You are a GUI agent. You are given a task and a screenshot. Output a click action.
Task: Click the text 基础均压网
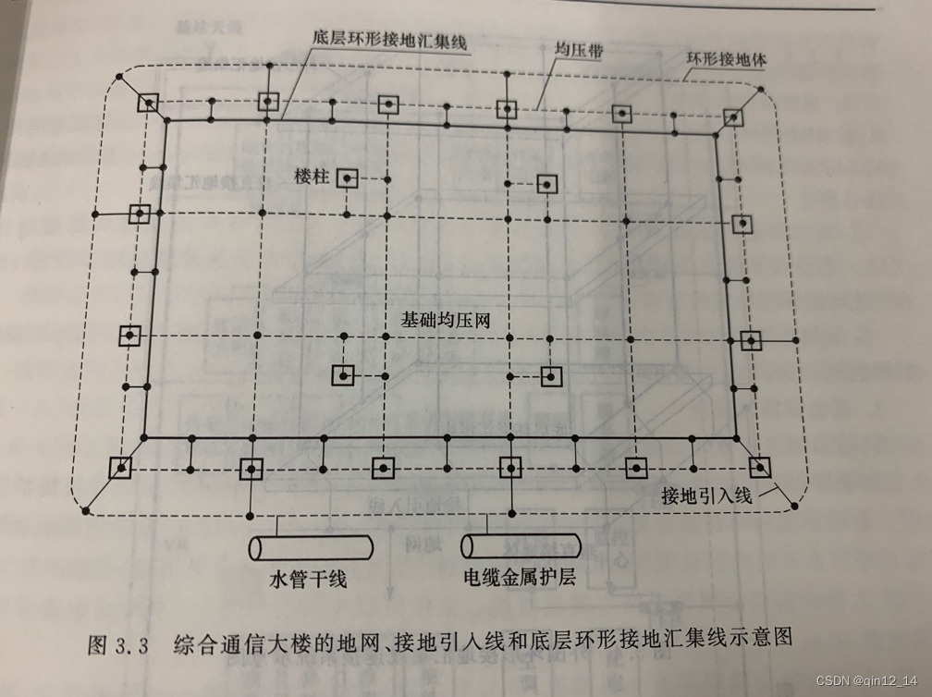pyautogui.click(x=444, y=321)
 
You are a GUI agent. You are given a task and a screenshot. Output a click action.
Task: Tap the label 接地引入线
pyautogui.click(x=708, y=496)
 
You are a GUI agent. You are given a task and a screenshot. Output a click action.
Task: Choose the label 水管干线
pyautogui.click(x=308, y=581)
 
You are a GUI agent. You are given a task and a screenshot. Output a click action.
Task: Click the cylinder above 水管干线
pyautogui.click(x=309, y=546)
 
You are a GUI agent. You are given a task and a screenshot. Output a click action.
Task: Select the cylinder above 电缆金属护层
pyautogui.click(x=521, y=546)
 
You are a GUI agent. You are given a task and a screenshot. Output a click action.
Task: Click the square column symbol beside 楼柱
pyautogui.click(x=348, y=177)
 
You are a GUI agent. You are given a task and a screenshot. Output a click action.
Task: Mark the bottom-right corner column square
pyautogui.click(x=759, y=467)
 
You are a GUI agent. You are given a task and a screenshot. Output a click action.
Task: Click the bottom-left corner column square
pyautogui.click(x=120, y=468)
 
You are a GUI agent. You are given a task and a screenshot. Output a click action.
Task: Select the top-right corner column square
pyautogui.click(x=733, y=117)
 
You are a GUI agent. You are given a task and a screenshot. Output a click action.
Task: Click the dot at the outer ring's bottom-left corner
pyautogui.click(x=86, y=510)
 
